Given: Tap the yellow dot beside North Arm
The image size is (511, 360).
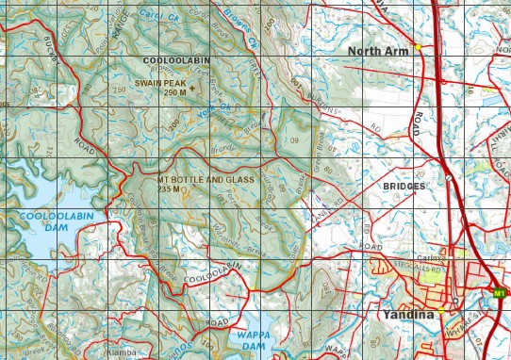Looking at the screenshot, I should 418,47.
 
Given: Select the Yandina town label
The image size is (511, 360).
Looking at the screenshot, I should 409,316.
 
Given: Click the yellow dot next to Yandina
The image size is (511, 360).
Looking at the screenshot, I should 441,310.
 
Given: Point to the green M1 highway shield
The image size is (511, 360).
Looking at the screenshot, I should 500,294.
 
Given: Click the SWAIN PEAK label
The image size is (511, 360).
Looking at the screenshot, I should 158,83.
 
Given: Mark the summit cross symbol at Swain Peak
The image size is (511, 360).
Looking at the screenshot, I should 193,89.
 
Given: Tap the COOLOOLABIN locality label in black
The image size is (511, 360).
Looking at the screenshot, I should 176,60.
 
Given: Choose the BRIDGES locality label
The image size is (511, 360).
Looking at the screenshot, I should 404,187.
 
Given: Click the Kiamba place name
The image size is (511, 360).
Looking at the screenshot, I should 122,352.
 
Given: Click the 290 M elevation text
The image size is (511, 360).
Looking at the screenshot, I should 175,93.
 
